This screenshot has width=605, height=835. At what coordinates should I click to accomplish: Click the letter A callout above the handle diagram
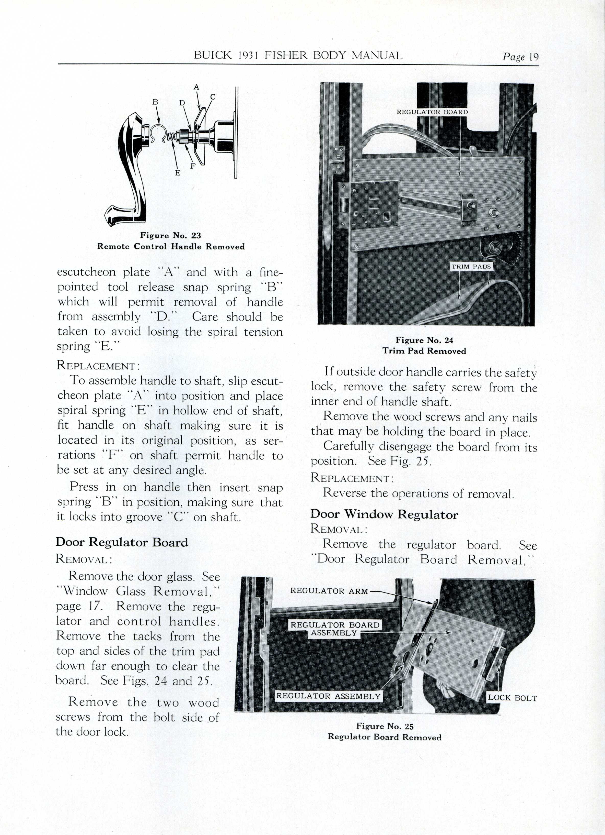tap(196, 87)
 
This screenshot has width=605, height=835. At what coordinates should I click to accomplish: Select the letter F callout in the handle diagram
tap(193, 166)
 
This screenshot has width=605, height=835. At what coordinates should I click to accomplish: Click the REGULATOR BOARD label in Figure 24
tap(432, 112)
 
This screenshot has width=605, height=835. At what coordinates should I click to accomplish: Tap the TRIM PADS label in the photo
tap(471, 266)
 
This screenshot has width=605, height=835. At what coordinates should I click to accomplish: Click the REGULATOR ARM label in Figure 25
tap(329, 591)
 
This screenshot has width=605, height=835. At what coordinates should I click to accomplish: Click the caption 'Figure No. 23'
tap(171, 236)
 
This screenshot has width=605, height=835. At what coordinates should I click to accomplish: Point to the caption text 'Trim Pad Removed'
tap(424, 351)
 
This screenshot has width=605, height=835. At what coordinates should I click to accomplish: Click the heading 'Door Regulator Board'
tap(122, 542)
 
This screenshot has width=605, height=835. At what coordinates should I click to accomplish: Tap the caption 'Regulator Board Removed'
tap(384, 737)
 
